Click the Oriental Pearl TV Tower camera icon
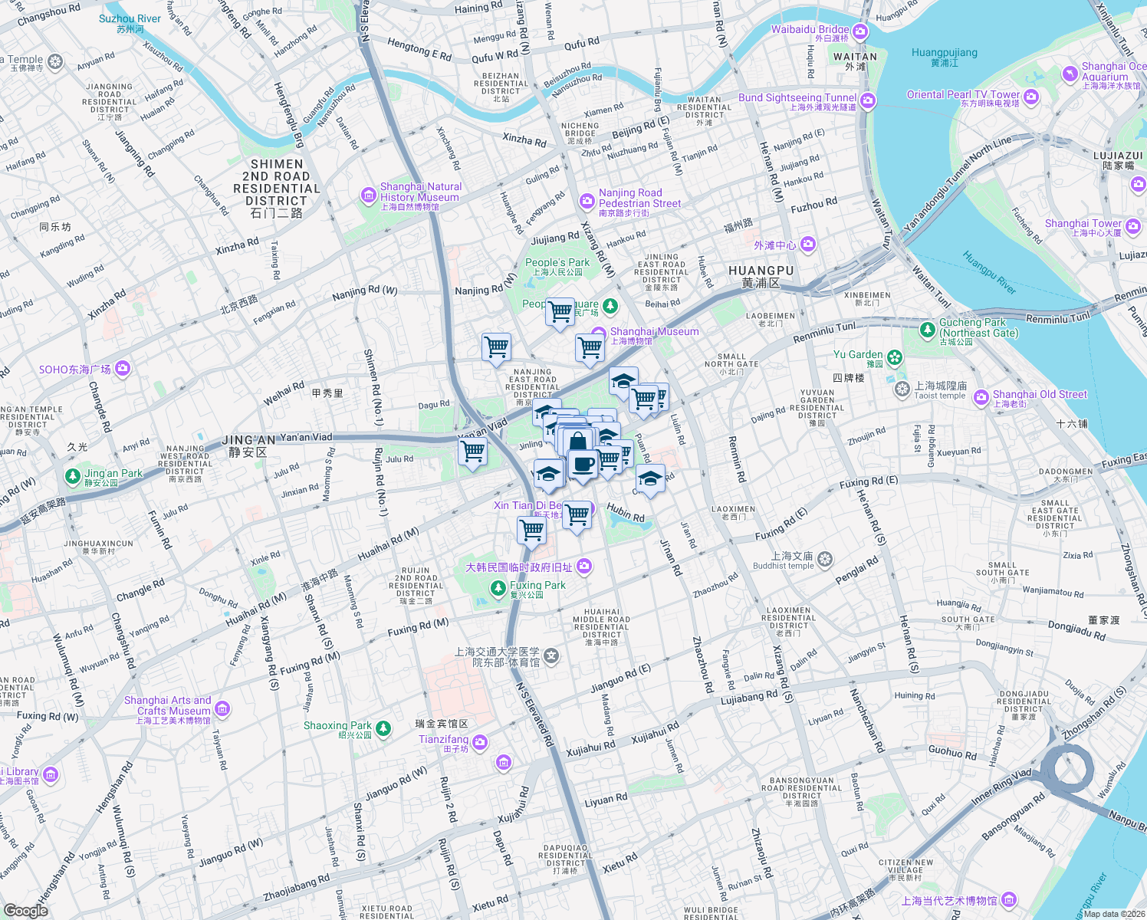pyautogui.click(x=1031, y=97)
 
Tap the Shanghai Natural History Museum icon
pyautogui.click(x=369, y=195)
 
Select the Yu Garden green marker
pyautogui.click(x=894, y=357)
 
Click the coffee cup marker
pyautogui.click(x=583, y=464)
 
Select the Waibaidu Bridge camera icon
pyautogui.click(x=860, y=31)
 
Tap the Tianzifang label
pyautogui.click(x=443, y=740)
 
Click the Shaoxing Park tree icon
pyautogui.click(x=383, y=728)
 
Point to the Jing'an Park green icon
pyautogui.click(x=73, y=477)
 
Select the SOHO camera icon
pyautogui.click(x=123, y=369)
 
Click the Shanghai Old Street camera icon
pyautogui.click(x=981, y=397)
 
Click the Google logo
pyautogui.click(x=26, y=910)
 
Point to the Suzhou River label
pyautogui.click(x=130, y=18)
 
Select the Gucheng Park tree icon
pyautogui.click(x=928, y=330)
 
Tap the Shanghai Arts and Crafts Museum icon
pyautogui.click(x=222, y=708)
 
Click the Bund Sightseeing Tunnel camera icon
pyautogui.click(x=868, y=100)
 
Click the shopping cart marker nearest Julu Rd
pyautogui.click(x=473, y=452)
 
